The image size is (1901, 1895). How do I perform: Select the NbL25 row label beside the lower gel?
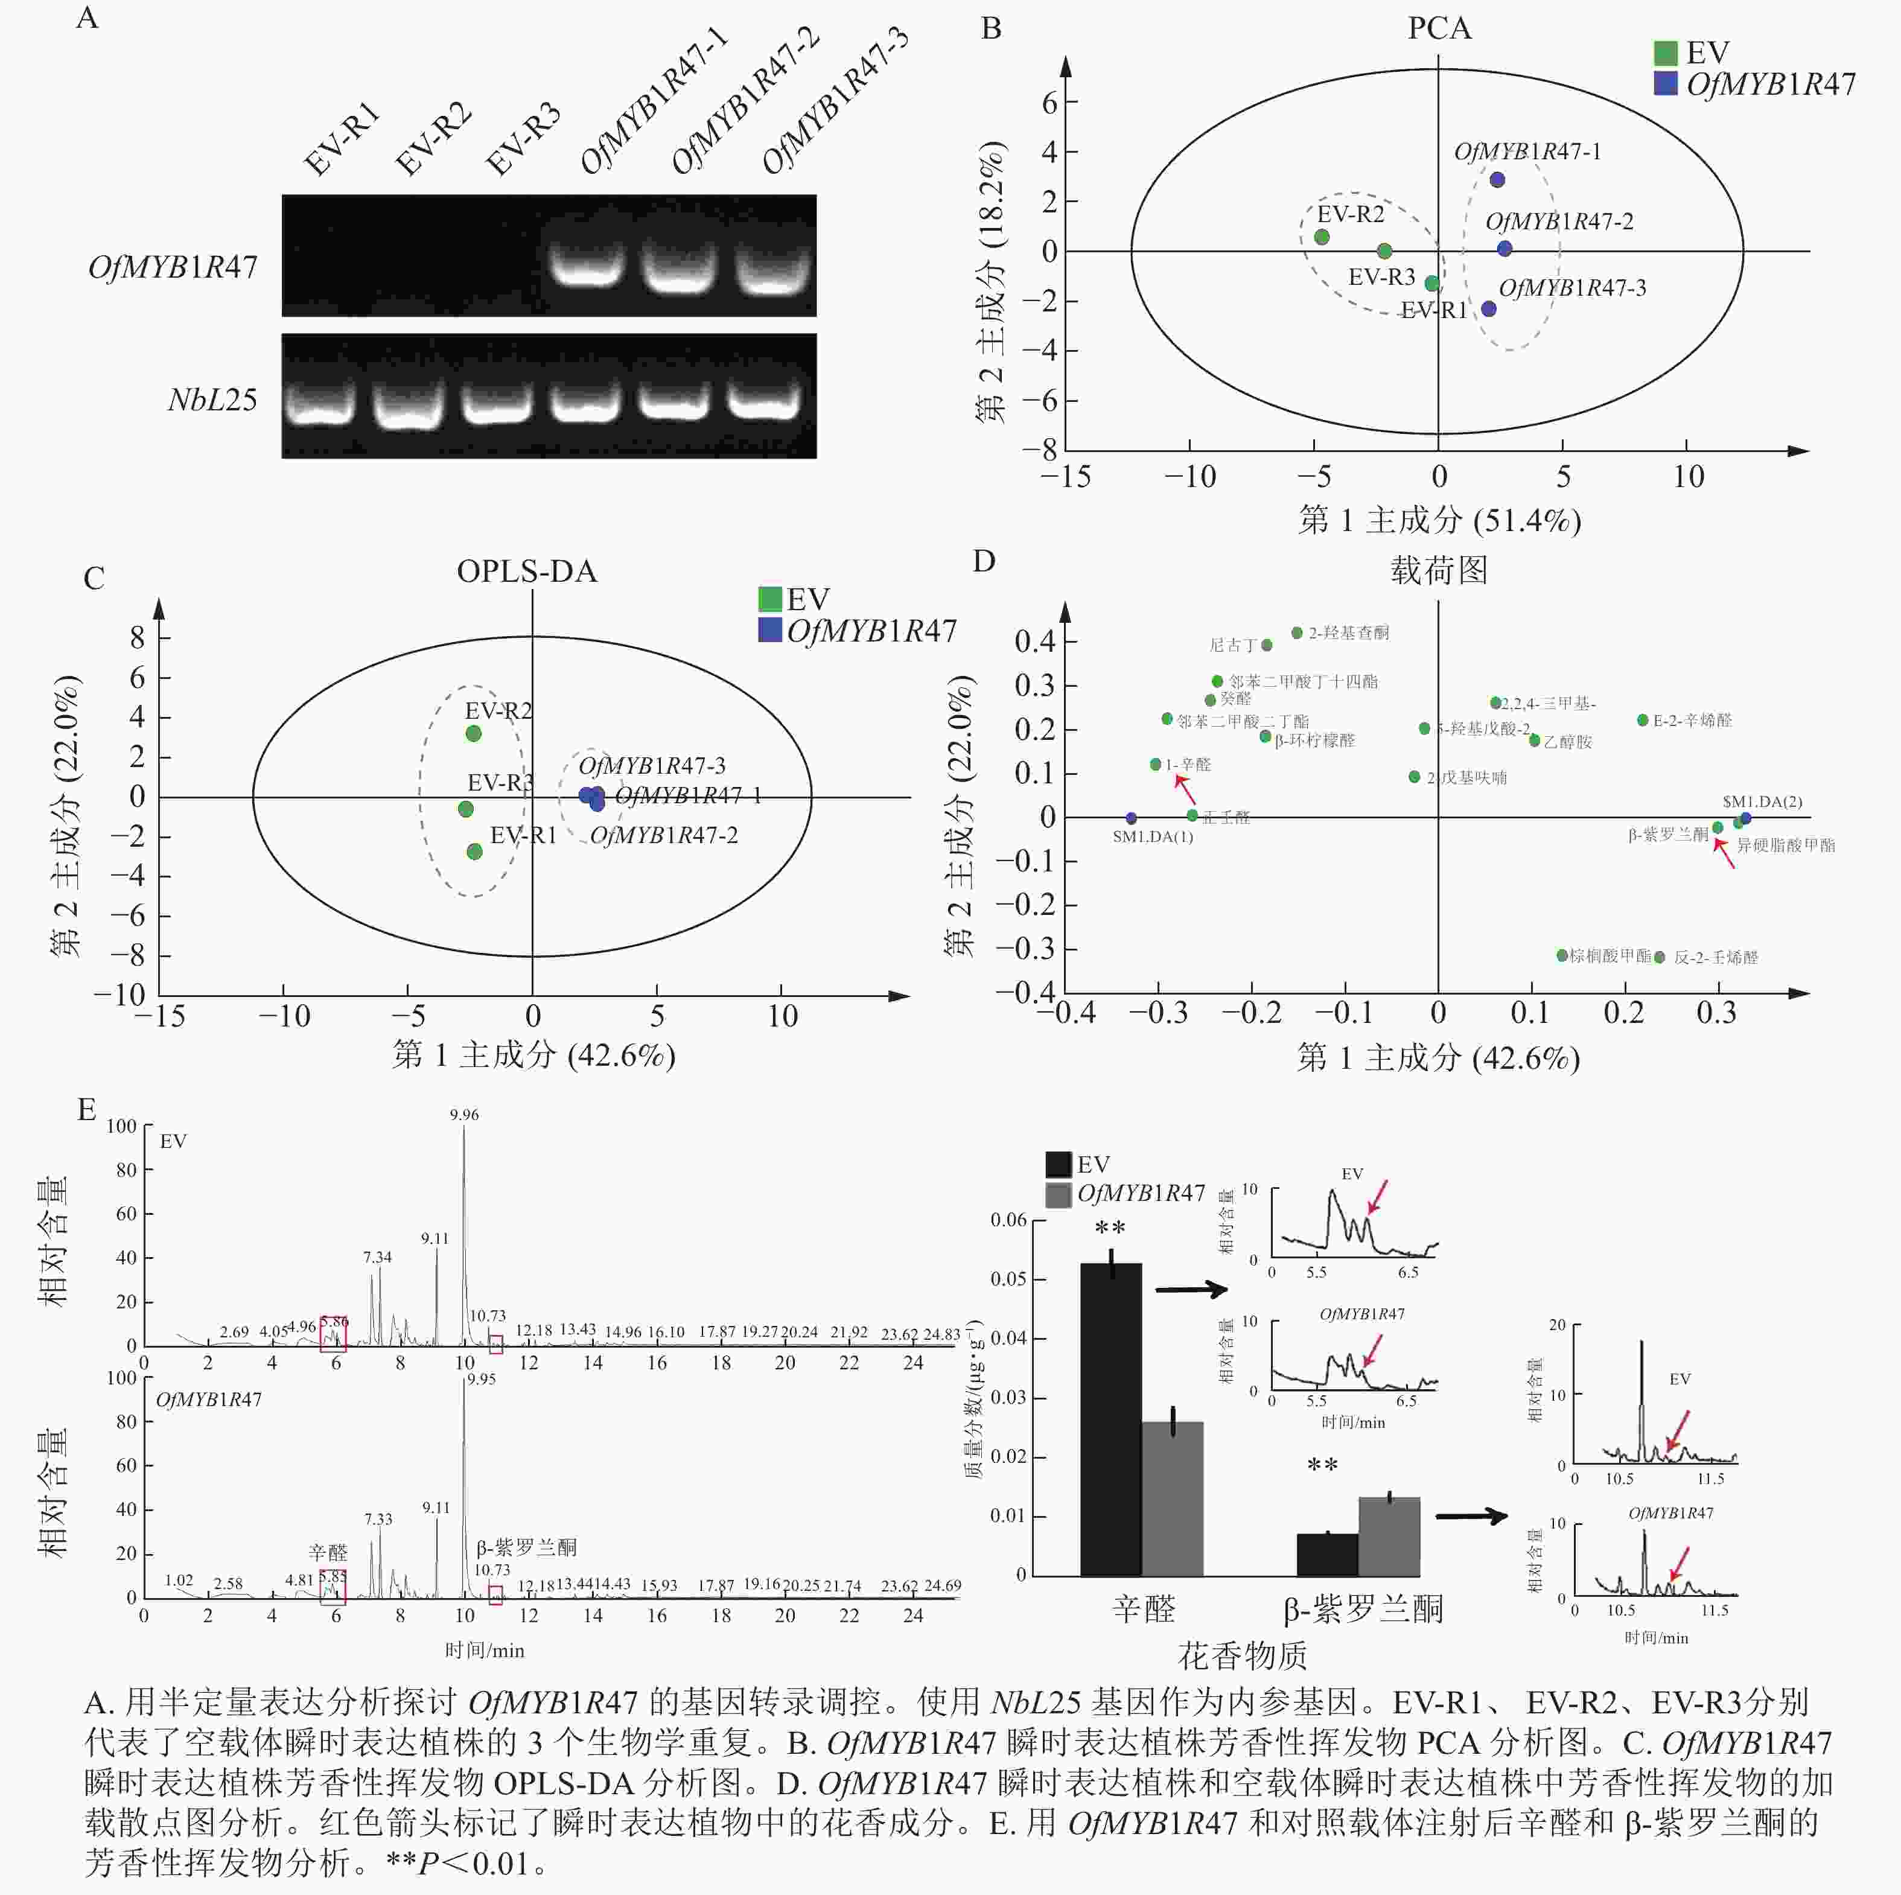tap(212, 400)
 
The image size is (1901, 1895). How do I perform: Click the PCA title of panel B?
tap(1439, 28)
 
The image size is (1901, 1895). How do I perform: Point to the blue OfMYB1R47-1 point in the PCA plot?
tap(1497, 180)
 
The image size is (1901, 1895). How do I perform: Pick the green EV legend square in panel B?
tap(1665, 52)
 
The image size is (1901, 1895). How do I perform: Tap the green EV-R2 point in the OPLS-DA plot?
tap(473, 733)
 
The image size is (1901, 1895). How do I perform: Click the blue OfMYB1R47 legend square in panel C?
tap(769, 629)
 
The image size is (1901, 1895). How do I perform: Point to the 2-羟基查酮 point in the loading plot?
tap(1297, 632)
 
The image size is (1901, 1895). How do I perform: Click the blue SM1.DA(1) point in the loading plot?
tap(1130, 818)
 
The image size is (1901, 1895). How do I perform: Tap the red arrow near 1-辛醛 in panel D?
tap(1185, 789)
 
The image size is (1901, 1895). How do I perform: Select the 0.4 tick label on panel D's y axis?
tap(1034, 642)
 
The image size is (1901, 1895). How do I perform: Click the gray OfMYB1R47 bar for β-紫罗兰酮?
tap(1389, 1537)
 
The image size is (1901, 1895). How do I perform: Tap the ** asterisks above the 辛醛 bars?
tap(1110, 1229)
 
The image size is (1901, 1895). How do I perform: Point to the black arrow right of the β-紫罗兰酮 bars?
tap(1471, 1516)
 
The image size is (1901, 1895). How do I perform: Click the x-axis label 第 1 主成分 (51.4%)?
tap(1439, 520)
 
